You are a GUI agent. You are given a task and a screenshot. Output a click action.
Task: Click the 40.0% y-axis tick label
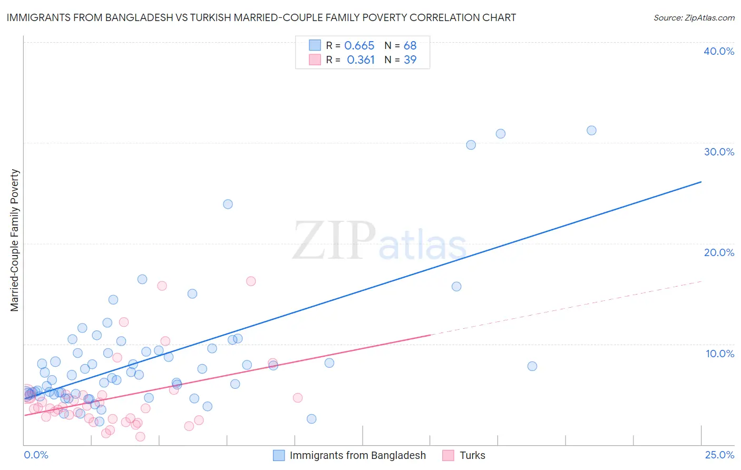718,51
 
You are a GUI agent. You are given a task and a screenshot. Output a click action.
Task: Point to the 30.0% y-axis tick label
718,152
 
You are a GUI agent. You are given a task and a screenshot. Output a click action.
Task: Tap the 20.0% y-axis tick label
718,252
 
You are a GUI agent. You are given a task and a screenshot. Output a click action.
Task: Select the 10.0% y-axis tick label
719,354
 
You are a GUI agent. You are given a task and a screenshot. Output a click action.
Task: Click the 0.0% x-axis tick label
36,455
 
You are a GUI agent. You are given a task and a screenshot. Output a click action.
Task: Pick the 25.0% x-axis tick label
719,455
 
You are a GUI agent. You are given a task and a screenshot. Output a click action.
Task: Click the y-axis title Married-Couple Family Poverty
15,240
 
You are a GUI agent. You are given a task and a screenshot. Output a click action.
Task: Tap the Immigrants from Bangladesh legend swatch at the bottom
279,455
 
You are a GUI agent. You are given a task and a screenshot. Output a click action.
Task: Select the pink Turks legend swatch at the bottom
448,455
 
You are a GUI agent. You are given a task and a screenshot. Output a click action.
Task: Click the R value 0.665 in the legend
359,46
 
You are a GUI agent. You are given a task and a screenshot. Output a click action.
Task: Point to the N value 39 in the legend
410,60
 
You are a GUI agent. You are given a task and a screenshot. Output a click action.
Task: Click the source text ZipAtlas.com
694,17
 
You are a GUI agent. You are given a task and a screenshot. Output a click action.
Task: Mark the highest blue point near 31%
591,130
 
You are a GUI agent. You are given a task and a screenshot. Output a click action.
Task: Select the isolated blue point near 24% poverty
228,204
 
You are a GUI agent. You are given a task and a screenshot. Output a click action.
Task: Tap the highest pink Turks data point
251,281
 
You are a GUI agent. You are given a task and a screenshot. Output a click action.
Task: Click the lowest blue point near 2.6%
311,419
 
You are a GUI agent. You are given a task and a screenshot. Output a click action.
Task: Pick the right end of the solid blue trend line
701,182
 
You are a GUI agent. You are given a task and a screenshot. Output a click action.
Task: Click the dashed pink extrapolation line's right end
701,281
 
